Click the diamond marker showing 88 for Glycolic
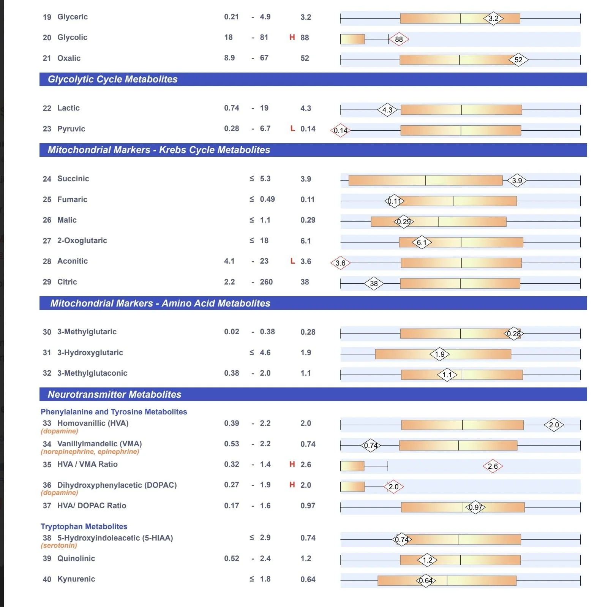[399, 39]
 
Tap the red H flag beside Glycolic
[292, 37]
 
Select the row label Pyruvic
[71, 129]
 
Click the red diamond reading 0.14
[340, 131]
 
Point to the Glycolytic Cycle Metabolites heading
[112, 79]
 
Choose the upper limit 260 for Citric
[266, 282]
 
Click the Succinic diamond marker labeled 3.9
[517, 181]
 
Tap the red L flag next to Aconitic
[292, 261]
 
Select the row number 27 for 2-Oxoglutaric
[47, 241]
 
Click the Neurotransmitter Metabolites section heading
[114, 395]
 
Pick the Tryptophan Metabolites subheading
[84, 526]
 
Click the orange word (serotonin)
[59, 545]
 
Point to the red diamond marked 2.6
[493, 466]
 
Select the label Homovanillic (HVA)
[93, 423]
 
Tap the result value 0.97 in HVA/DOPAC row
[308, 506]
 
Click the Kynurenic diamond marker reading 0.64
[426, 580]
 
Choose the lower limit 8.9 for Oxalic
[229, 58]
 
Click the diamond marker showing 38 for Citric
[374, 283]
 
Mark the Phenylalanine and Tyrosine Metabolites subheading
[114, 412]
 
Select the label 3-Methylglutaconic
[92, 373]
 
